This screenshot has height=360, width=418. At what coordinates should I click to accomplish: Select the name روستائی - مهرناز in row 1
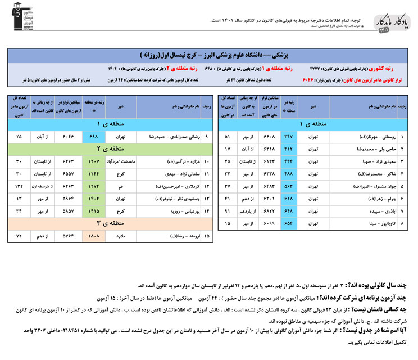coord(367,137)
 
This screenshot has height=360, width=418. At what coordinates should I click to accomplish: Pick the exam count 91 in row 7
coord(227,211)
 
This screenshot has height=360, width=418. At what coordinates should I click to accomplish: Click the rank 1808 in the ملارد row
coord(93,236)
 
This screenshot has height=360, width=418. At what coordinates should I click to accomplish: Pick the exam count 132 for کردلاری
coord(19,186)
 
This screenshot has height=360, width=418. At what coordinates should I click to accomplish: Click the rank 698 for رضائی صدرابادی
coord(93,137)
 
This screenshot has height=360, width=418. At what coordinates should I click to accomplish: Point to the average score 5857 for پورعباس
coord(66,211)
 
